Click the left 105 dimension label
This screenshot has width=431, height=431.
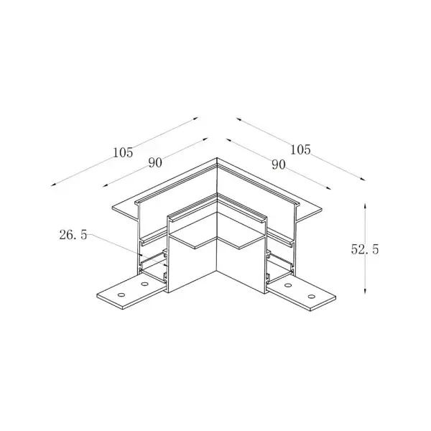[123, 152]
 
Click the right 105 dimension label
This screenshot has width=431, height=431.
[300, 150]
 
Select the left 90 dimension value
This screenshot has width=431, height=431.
[155, 163]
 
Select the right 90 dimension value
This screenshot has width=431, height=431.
[279, 164]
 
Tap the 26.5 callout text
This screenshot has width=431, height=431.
[73, 235]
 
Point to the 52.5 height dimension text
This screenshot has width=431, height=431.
[365, 249]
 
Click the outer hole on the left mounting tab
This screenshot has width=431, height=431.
[121, 295]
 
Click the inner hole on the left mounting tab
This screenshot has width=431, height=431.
[144, 284]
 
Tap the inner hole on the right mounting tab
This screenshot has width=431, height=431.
[288, 285]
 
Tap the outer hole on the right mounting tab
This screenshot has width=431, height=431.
[312, 296]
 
